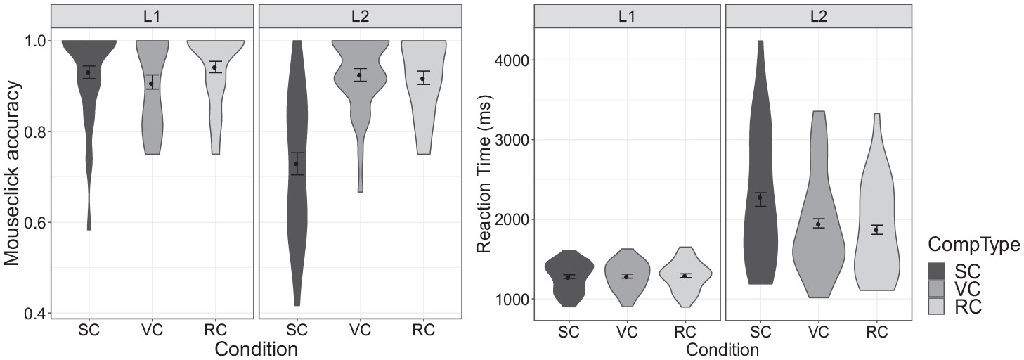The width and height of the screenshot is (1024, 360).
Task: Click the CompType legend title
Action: pyautogui.click(x=973, y=244)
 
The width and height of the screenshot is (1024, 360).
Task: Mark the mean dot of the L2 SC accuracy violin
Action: pyautogui.click(x=296, y=164)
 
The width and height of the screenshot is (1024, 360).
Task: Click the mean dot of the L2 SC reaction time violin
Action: pyautogui.click(x=760, y=198)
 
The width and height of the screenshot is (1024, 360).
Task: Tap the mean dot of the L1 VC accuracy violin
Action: pyautogui.click(x=151, y=84)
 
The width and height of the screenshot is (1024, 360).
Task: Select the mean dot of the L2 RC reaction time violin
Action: pyautogui.click(x=876, y=230)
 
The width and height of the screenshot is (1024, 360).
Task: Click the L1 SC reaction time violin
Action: pyautogui.click(x=569, y=281)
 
